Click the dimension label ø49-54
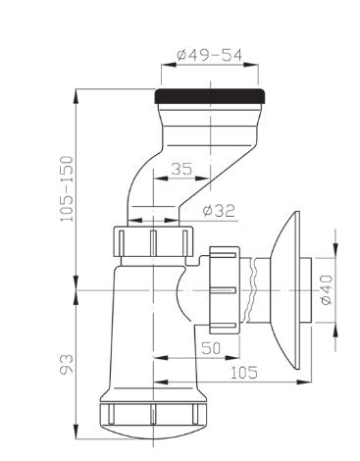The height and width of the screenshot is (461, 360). coord(209,55)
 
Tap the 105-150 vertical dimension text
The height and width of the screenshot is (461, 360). coord(67,188)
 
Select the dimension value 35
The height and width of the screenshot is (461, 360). coord(181,169)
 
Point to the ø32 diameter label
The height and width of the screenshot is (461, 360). coord(219,211)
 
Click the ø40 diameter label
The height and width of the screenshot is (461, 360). coord(327,290)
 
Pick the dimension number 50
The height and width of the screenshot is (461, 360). coord(211,348)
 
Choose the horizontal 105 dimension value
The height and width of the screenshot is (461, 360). coord(244,373)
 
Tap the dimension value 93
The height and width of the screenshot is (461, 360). coord(67,364)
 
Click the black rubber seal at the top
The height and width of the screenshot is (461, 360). coord(209,96)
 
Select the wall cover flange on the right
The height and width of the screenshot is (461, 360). coord(284,290)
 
